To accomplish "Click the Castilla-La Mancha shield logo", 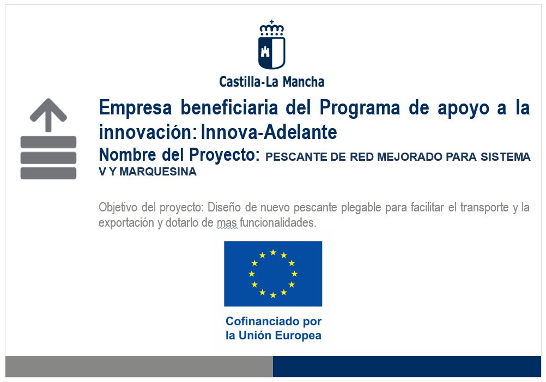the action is pos(271,45).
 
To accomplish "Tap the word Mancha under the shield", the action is pos(304,82).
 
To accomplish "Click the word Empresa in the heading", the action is pos(136,107).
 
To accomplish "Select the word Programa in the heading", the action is pos(360,107).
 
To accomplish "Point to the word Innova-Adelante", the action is pos(269,132).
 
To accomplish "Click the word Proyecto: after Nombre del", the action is pos(225,155).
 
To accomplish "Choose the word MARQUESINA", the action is pos(158,172).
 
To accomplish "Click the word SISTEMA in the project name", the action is pos(506,157).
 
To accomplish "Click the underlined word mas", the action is pos(227,222).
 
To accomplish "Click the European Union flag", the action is pos(273,274).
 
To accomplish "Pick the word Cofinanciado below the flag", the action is pos(263,321).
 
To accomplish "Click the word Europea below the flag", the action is pos(298,335).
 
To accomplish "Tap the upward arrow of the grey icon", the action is pos(48,115).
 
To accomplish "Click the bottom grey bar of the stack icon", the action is pos(48,173).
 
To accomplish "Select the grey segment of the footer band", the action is pos(139,366).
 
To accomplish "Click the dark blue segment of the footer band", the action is pos(407,366).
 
